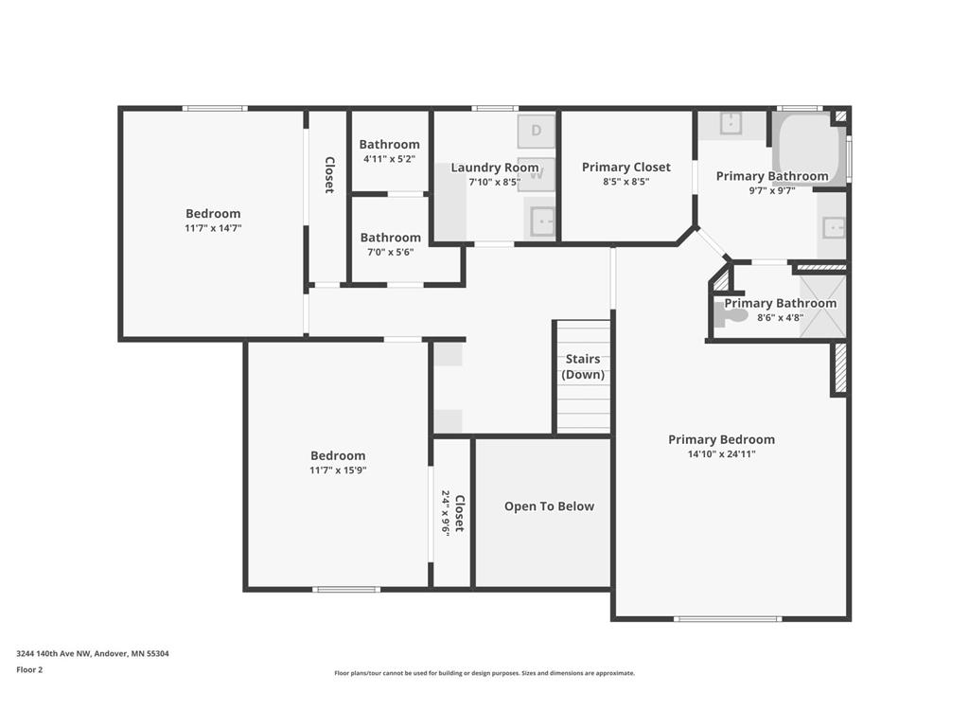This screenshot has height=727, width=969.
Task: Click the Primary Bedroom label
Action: pyautogui.click(x=721, y=439)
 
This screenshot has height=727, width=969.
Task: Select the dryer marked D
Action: pyautogui.click(x=537, y=131)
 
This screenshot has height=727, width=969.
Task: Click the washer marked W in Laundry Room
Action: pyautogui.click(x=537, y=174)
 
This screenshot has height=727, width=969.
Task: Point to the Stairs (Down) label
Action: pyautogui.click(x=583, y=366)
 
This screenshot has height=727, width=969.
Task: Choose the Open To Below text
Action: pyautogui.click(x=549, y=506)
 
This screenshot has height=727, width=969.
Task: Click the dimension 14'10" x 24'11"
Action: pyautogui.click(x=721, y=454)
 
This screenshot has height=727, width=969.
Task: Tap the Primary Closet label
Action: pyautogui.click(x=626, y=167)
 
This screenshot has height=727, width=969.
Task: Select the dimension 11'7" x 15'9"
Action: pyautogui.click(x=338, y=470)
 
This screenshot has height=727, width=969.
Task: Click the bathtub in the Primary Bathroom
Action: pyautogui.click(x=808, y=149)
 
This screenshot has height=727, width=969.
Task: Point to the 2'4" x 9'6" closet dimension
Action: pyautogui.click(x=445, y=512)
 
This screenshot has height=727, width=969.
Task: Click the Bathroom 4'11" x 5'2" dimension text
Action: pyautogui.click(x=389, y=159)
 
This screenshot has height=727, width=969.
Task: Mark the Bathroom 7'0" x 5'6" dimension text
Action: pyautogui.click(x=391, y=252)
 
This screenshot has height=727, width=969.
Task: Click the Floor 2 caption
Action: pyautogui.click(x=29, y=669)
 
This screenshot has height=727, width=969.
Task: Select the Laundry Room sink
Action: pyautogui.click(x=540, y=219)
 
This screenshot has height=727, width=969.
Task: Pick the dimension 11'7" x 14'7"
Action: pyautogui.click(x=213, y=228)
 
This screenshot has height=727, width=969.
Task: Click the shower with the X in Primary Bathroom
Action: pyautogui.click(x=822, y=307)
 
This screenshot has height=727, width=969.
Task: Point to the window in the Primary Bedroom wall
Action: pyautogui.click(x=728, y=618)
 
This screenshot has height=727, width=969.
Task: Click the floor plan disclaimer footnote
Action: pyautogui.click(x=484, y=673)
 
